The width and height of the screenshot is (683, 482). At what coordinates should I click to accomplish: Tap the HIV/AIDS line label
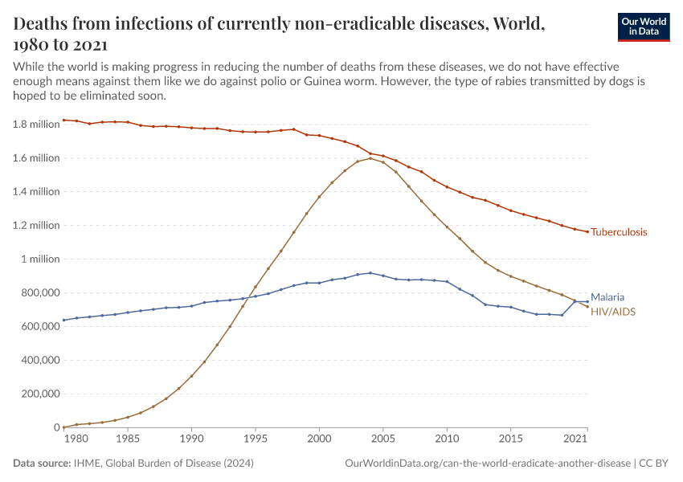613,310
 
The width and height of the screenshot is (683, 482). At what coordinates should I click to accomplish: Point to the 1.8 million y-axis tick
36,125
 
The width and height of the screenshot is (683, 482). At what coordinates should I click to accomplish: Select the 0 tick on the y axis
55,428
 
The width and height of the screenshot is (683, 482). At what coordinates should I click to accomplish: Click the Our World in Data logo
643,27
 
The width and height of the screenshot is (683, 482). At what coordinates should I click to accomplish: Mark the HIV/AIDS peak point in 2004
370,158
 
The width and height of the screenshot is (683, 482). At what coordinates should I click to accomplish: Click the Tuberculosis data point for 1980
63,120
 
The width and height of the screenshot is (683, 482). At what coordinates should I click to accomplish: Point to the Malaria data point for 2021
587,301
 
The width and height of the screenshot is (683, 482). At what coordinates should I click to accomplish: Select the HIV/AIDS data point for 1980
63,427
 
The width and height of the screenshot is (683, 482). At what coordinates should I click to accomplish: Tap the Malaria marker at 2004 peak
370,273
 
